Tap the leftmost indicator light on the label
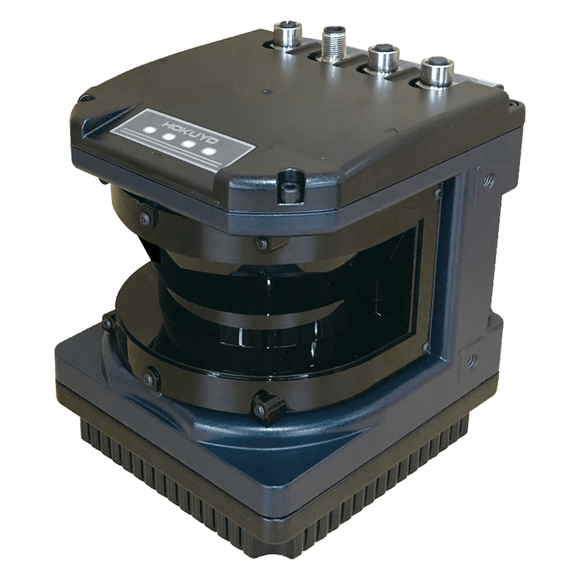(x=150, y=130)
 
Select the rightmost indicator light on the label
(x=209, y=151)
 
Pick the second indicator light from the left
(x=169, y=137)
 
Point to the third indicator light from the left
(x=190, y=144)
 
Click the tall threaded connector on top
(x=334, y=44)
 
